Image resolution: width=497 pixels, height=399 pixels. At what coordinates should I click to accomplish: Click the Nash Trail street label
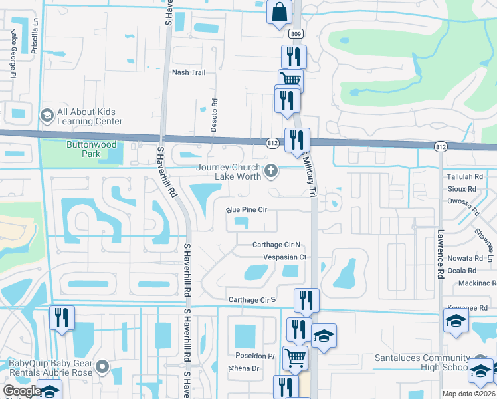click(189, 72)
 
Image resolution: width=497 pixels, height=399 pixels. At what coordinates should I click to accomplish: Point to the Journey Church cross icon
click(270, 172)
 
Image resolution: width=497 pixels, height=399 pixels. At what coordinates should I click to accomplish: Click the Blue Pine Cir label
click(246, 210)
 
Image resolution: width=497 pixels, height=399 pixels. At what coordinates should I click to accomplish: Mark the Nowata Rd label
click(465, 258)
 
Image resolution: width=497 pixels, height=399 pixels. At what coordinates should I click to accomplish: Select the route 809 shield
click(296, 33)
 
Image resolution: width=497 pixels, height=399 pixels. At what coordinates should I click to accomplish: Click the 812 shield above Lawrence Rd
click(441, 146)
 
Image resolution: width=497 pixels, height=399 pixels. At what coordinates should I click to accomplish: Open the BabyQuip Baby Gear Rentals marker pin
click(102, 366)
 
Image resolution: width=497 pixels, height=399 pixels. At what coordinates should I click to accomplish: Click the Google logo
click(21, 391)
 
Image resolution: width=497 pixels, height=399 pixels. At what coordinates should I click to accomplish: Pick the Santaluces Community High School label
click(421, 362)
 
